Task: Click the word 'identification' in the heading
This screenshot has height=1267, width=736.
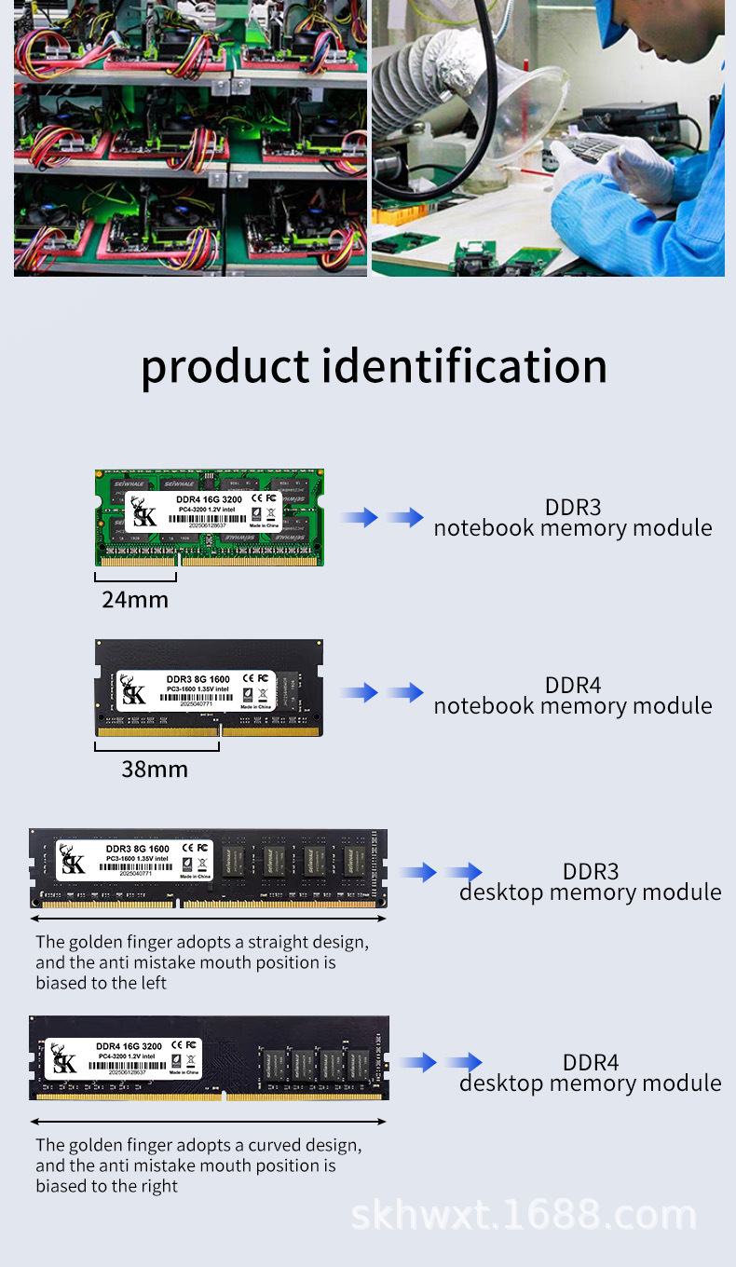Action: click(464, 366)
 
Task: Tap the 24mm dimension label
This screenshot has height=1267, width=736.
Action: click(135, 600)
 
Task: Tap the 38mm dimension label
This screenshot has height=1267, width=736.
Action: click(155, 770)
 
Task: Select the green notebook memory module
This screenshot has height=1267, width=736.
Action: click(209, 517)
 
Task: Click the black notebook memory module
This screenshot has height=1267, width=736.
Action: click(209, 688)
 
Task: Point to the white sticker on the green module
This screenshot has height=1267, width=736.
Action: click(203, 511)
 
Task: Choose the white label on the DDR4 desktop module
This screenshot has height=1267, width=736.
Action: click(126, 1058)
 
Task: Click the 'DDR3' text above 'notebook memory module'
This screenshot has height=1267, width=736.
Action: click(573, 507)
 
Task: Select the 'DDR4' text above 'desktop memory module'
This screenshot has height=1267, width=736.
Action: click(591, 1062)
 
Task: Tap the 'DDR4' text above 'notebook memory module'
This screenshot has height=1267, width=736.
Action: click(573, 685)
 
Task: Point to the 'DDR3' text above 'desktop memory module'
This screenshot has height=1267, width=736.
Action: click(591, 872)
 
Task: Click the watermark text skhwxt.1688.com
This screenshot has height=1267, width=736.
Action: click(523, 1216)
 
